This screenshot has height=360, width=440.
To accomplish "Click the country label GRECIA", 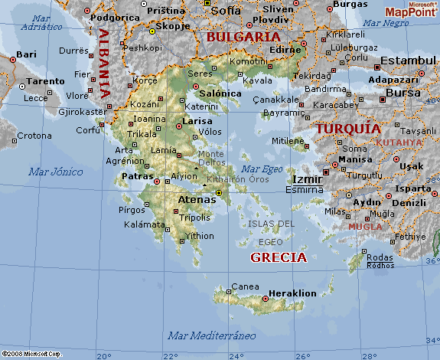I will [279, 257].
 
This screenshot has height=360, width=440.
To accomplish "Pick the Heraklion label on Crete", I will [294, 293].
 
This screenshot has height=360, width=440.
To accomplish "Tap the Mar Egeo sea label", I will [262, 169].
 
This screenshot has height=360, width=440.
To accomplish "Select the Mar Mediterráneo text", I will [211, 335].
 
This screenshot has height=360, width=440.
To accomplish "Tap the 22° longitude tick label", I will [170, 355].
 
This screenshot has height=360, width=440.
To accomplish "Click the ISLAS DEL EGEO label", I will [271, 232].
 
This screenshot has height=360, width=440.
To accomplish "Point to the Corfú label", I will [89, 130].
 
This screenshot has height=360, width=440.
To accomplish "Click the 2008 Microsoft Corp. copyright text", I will [31, 354].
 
